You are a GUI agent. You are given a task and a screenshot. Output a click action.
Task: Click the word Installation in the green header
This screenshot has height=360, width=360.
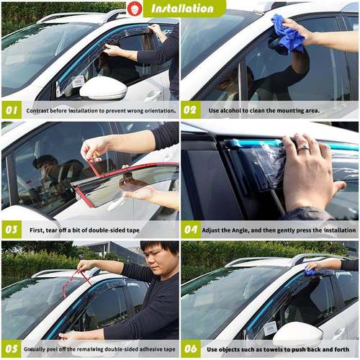pyautogui.click(x=183, y=9)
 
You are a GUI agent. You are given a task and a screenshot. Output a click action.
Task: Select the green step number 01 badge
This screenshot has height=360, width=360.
pyautogui.click(x=12, y=111)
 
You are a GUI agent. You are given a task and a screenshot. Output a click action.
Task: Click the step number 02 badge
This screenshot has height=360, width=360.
pyautogui.click(x=191, y=111)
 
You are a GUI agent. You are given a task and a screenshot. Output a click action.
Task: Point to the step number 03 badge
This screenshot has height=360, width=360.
pyautogui.click(x=12, y=230)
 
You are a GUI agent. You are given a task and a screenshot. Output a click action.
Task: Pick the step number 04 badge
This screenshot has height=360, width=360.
pyautogui.click(x=191, y=230)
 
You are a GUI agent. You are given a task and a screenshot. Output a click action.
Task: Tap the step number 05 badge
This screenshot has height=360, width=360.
pyautogui.click(x=12, y=348)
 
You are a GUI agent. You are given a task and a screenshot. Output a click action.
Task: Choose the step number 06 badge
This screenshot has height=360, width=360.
pyautogui.click(x=191, y=348)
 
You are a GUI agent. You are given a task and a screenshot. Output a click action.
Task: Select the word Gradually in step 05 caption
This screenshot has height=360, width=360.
pyautogui.click(x=40, y=349)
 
